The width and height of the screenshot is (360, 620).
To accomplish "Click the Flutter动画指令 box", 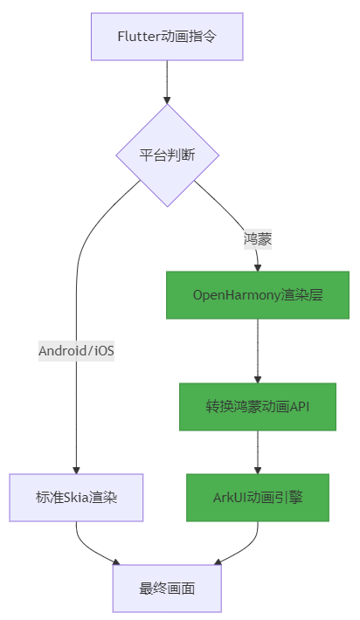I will (x=167, y=36).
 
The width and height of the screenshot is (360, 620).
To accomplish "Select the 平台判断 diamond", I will (x=167, y=155).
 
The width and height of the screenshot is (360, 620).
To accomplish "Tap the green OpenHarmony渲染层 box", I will (x=257, y=294).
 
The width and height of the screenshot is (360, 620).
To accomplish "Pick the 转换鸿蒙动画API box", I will (x=257, y=406).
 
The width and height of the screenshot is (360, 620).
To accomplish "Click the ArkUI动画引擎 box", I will (x=257, y=497).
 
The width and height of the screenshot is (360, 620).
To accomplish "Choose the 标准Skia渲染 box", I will (x=76, y=497).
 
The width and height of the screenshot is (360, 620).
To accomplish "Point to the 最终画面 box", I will (x=167, y=588).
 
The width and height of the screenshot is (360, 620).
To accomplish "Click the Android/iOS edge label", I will (x=77, y=351).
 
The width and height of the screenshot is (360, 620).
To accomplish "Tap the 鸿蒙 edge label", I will (x=257, y=238).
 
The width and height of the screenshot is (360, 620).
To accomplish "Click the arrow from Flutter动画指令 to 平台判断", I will (x=167, y=82).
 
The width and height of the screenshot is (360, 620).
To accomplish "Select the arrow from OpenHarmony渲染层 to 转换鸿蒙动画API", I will (x=257, y=349).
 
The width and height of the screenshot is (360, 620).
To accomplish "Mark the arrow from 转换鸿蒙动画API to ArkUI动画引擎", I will (x=257, y=452).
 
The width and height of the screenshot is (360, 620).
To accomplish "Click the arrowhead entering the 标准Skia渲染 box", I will (x=76, y=469).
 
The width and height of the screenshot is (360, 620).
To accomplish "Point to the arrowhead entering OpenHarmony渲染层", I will (x=257, y=266).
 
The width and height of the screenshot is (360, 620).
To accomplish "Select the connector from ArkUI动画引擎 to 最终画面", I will (x=240, y=545).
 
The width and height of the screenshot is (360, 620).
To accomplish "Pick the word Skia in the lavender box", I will (x=79, y=497).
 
